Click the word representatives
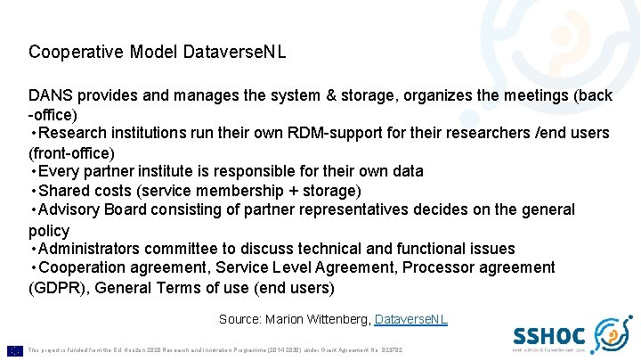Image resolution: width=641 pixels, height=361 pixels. pos(366,210)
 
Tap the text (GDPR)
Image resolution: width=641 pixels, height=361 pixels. pos(57,288)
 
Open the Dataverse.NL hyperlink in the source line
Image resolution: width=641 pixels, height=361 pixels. pos(411,319)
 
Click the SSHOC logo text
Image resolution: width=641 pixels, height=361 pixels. pos(548,336)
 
